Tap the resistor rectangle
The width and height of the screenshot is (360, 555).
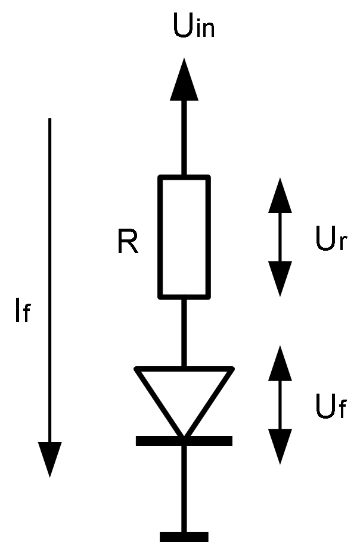click(x=184, y=236)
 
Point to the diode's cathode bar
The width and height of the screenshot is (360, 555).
click(x=184, y=441)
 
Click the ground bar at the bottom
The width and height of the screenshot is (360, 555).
click(x=184, y=537)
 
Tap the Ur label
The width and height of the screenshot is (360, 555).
click(x=330, y=241)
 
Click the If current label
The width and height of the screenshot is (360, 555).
click(x=22, y=312)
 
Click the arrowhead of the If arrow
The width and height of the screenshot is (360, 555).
click(x=50, y=459)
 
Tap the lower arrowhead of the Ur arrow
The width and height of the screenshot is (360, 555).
click(x=280, y=277)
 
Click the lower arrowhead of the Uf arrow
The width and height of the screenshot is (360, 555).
click(x=280, y=446)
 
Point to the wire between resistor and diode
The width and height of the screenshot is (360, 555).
click(x=184, y=332)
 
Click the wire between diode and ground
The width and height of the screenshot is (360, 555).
click(x=184, y=488)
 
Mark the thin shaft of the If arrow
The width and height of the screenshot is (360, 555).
click(x=50, y=268)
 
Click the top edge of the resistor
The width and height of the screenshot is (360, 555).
click(x=184, y=177)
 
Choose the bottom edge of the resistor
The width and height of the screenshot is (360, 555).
click(x=184, y=295)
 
